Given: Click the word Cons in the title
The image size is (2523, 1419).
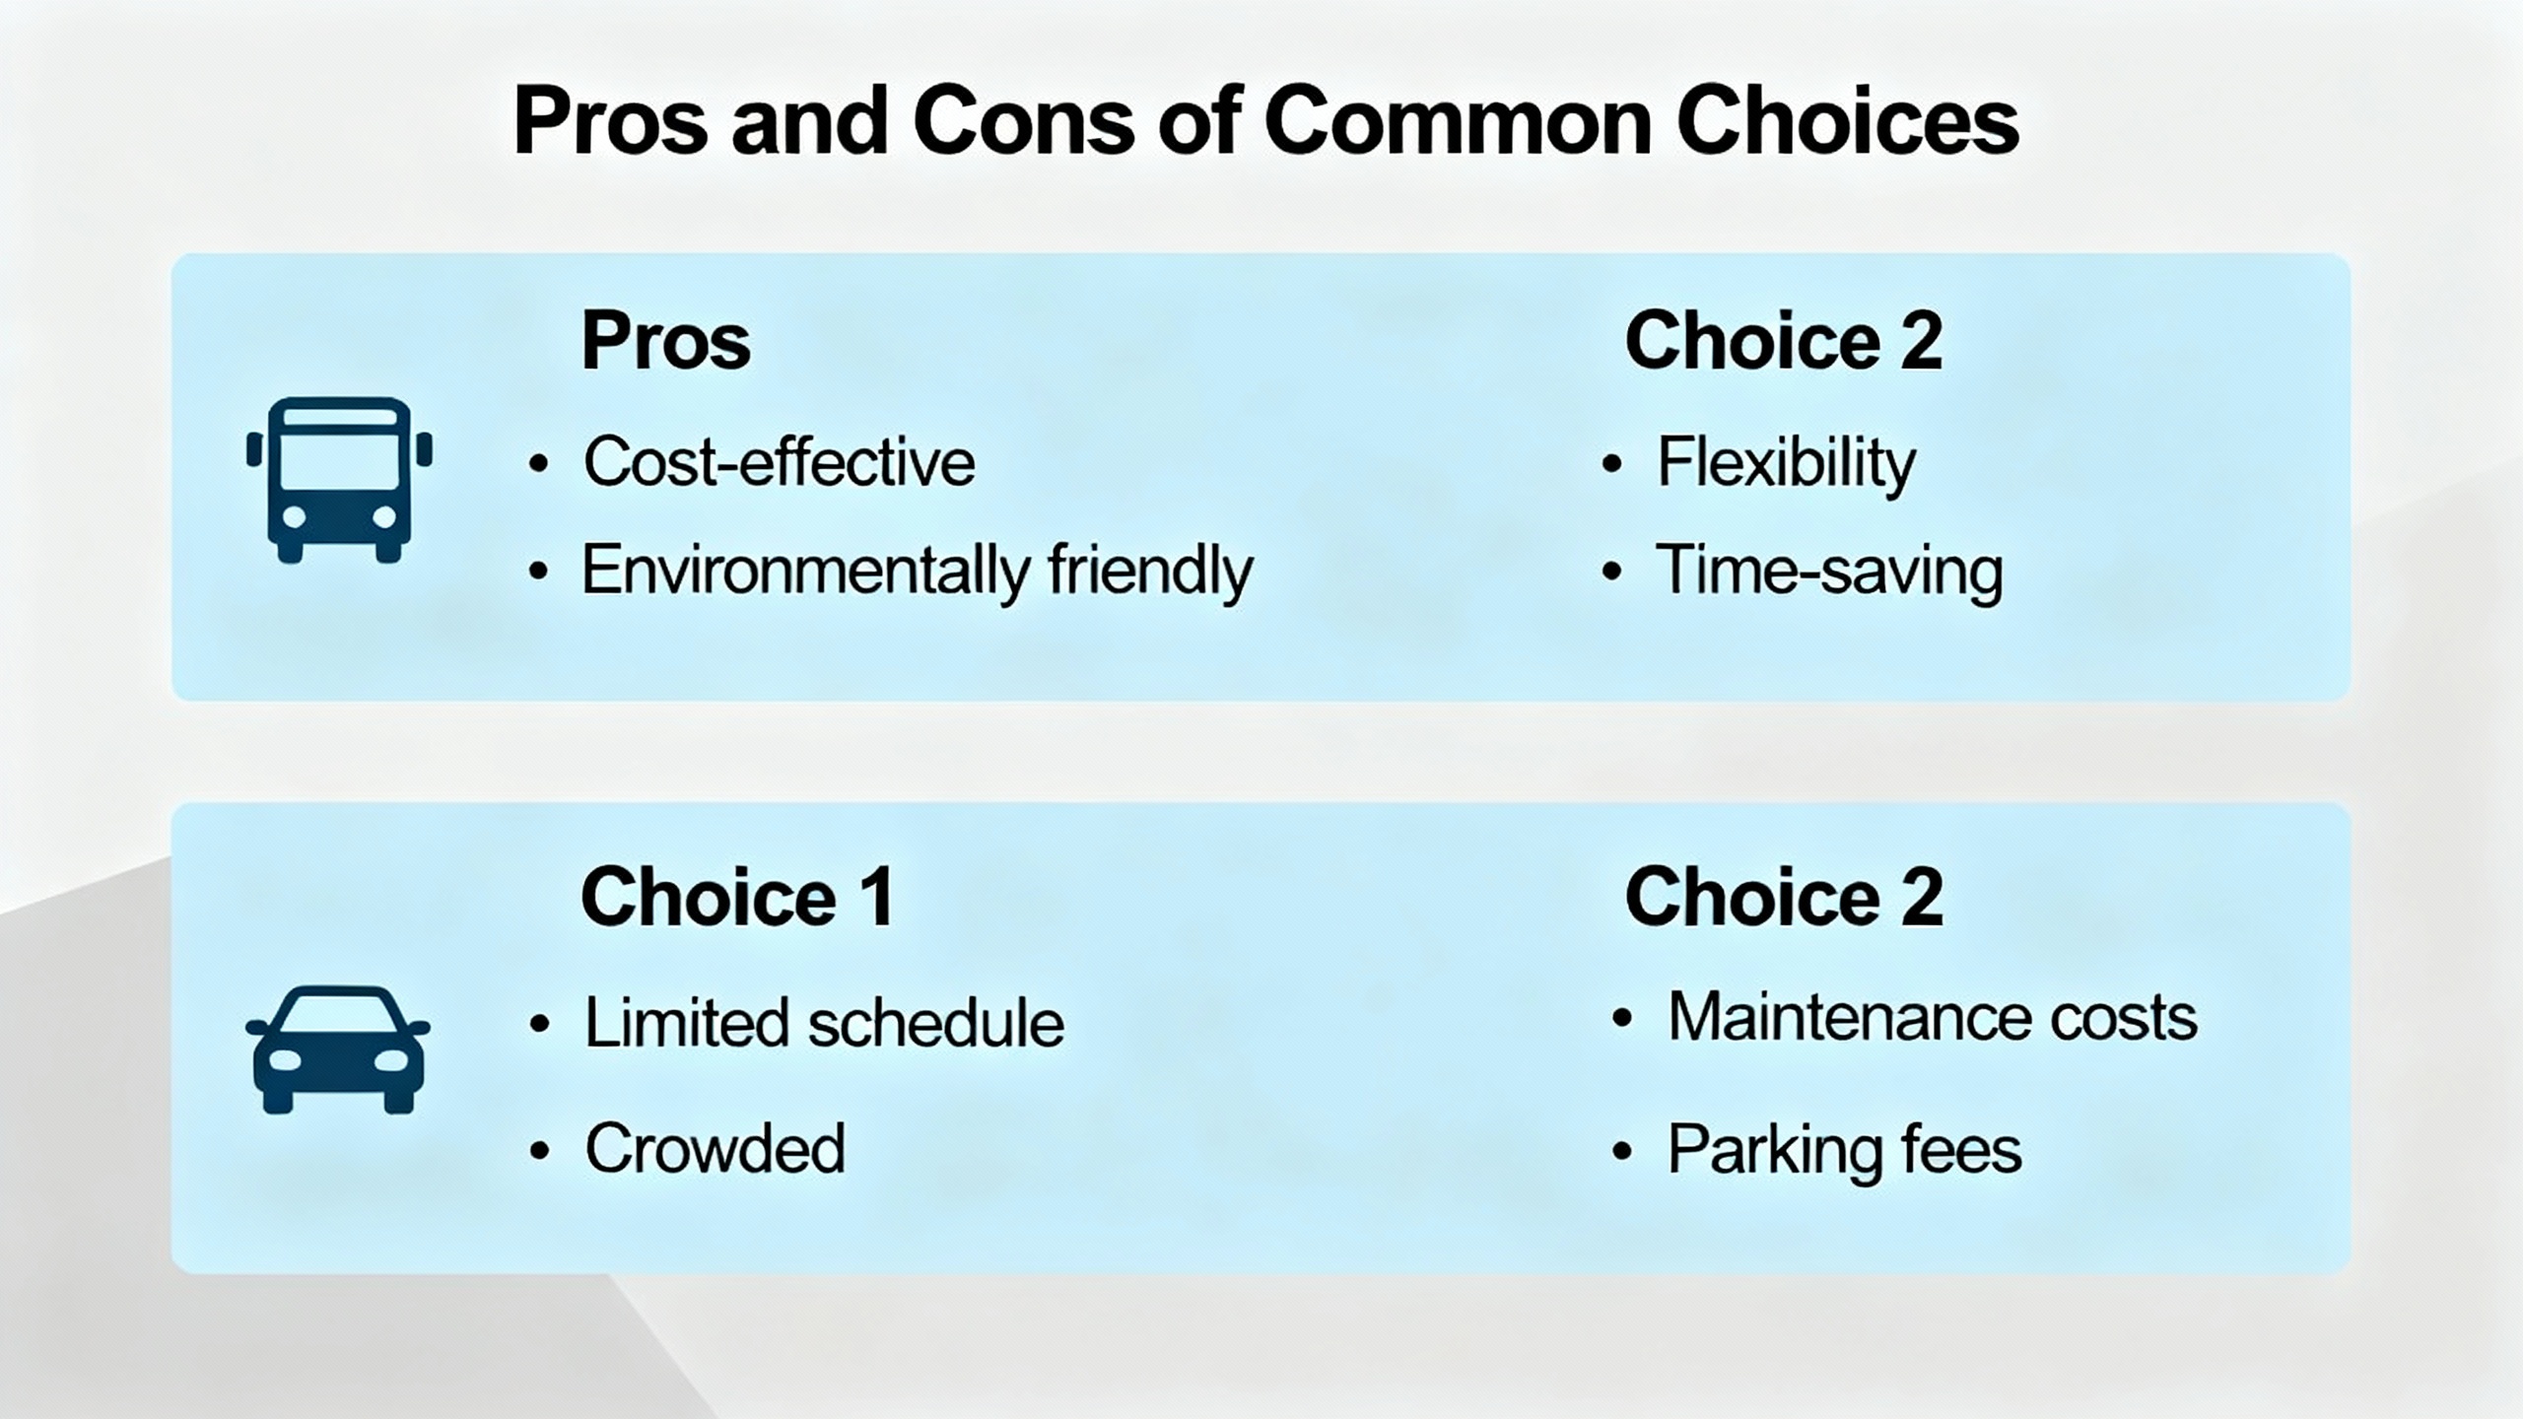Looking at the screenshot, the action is point(1025,122).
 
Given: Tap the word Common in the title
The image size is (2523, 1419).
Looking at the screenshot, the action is point(1458,122).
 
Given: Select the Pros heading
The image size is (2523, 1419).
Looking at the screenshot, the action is point(666,341).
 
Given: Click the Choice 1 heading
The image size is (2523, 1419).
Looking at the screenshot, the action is point(738,896).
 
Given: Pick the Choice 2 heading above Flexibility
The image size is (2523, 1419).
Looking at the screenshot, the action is point(1784,341).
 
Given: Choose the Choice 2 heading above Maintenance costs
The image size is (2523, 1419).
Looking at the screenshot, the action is point(1784,896).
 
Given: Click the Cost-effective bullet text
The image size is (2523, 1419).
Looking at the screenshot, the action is point(780,461).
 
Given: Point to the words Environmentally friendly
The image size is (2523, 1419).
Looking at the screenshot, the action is point(918,570).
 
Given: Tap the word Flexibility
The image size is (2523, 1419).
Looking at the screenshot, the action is point(1787,463).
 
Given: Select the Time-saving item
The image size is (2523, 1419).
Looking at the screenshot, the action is point(1830,571).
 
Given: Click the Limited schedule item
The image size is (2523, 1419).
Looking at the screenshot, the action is point(825,1022).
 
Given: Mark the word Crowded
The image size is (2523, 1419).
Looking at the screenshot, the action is point(716,1148).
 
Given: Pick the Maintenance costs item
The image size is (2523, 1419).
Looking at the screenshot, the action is point(1933,1016).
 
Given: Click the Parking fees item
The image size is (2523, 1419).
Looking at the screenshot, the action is point(1844,1150).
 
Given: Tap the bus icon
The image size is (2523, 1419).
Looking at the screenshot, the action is point(339,480).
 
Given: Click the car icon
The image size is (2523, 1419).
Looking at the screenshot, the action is point(338,1049).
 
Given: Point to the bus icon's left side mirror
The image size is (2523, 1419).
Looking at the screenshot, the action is point(254,449).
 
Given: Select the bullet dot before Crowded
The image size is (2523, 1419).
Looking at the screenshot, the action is point(539,1150).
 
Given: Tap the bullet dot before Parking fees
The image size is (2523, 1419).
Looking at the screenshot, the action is point(1621,1150).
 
